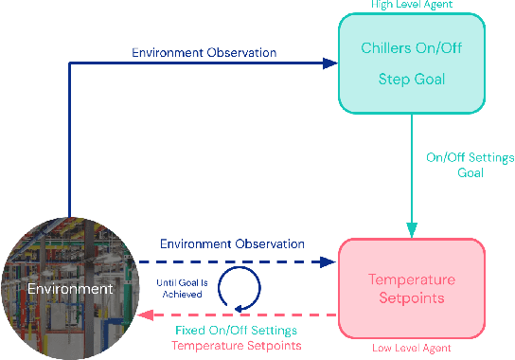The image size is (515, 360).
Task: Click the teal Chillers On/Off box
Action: click(x=412, y=63)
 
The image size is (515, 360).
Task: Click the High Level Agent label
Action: click(x=411, y=5)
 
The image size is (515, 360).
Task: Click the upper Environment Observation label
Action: click(x=204, y=52)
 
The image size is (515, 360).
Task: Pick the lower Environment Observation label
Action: click(x=232, y=243)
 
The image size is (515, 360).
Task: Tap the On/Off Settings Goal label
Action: click(x=456, y=165)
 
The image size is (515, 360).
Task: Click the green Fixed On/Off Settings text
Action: click(x=237, y=331)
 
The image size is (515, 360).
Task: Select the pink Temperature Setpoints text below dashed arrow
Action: click(x=238, y=346)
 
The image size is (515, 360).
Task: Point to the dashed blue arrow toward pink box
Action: click(x=237, y=261)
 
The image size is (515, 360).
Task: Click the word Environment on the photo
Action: click(x=69, y=288)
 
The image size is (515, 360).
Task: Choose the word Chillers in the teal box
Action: click(x=385, y=48)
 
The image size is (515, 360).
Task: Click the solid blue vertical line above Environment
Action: click(x=70, y=142)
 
